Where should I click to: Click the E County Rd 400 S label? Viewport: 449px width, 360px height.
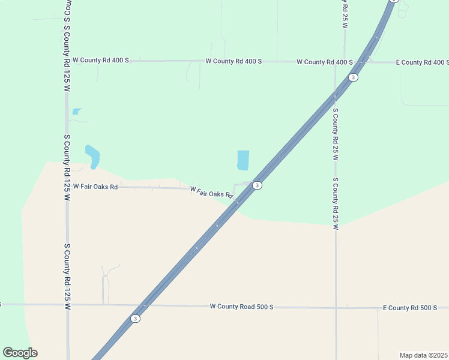tap(423, 62)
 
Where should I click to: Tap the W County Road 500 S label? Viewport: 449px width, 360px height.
tap(241, 307)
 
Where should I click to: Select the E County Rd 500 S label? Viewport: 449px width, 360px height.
tap(410, 308)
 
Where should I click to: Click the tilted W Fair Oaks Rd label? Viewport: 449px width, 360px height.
tap(211, 192)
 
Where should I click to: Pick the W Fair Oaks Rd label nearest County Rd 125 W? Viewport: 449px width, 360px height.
tap(95, 187)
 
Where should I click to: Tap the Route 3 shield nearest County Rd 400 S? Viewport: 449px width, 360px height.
tap(354, 77)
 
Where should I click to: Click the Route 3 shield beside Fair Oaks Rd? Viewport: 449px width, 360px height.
tap(257, 185)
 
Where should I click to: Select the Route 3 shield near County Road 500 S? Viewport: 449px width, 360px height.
tap(136, 319)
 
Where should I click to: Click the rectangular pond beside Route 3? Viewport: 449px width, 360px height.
tap(243, 160)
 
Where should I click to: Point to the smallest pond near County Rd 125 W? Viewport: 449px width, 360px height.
tap(76, 111)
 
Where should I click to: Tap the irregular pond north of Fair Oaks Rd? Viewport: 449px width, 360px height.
tap(92, 155)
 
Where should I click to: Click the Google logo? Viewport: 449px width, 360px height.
tap(20, 353)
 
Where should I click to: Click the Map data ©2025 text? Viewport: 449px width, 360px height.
tap(423, 355)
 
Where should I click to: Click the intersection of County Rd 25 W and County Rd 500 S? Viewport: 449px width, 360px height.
tap(336, 307)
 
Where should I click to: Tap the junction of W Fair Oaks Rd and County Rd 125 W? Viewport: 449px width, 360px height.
tap(67, 187)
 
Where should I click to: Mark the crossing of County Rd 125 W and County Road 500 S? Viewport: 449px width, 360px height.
tap(67, 305)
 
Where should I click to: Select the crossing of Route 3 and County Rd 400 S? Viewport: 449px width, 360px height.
tap(362, 61)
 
